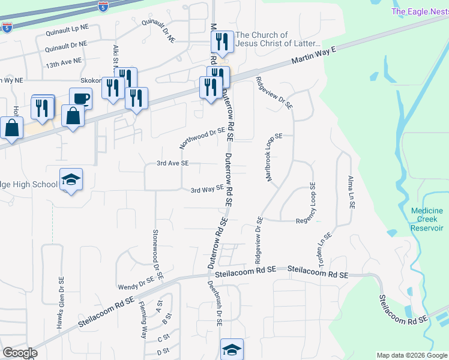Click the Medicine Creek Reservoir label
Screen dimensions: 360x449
(x=427, y=220)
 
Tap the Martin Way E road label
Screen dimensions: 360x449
(x=312, y=58)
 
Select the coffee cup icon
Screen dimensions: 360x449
(x=80, y=98)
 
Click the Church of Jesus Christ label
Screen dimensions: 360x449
(x=279, y=40)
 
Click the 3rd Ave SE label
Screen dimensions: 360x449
(x=172, y=163)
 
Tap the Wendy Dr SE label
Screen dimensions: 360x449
(x=136, y=282)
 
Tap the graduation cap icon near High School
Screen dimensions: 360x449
(x=71, y=179)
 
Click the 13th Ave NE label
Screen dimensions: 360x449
(x=64, y=61)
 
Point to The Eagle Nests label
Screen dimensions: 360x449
(x=420, y=11)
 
